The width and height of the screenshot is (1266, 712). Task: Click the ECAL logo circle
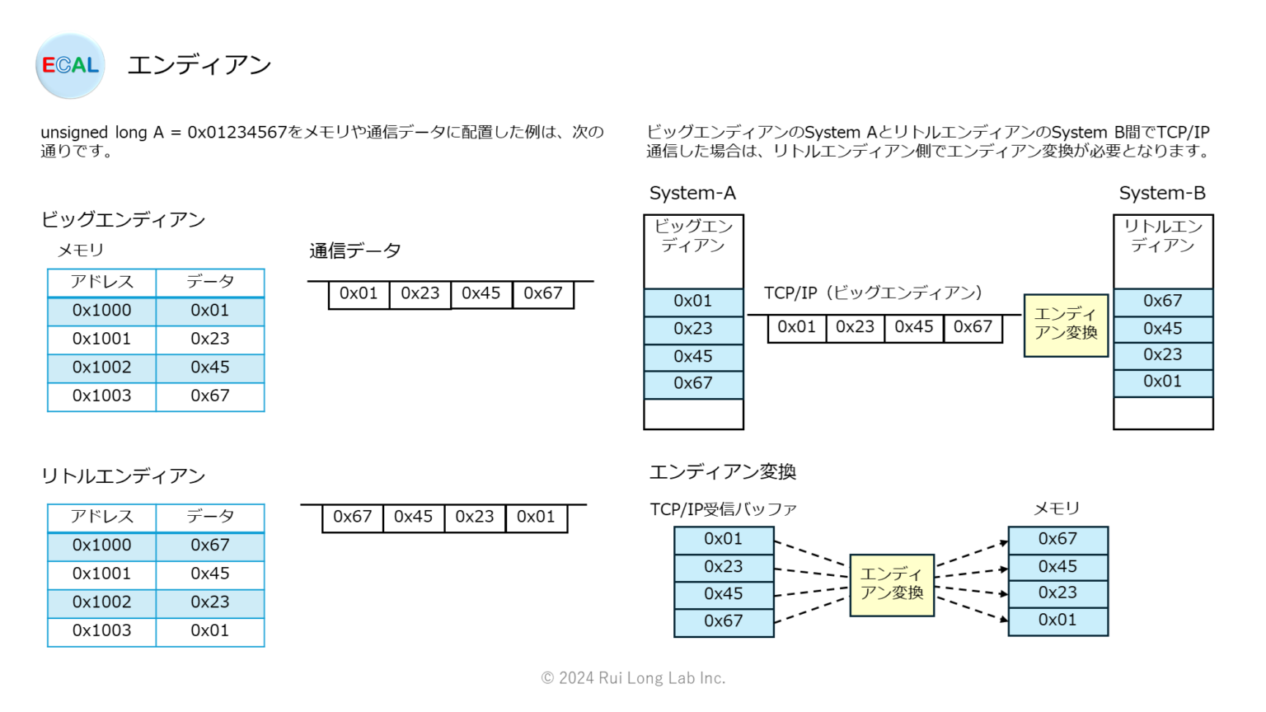pos(70,66)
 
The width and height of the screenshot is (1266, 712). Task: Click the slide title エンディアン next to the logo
pos(199,65)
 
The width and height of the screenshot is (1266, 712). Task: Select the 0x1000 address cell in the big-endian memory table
pos(101,311)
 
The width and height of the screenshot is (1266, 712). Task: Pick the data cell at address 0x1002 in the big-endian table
pos(210,368)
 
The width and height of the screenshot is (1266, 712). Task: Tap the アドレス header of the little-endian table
pos(101,517)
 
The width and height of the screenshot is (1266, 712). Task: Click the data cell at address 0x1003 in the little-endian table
pos(210,630)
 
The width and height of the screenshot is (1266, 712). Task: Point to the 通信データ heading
pos(355,251)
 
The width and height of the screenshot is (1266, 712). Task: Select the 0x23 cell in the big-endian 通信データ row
pos(420,293)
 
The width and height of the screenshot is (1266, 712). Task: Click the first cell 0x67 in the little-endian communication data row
pos(352,517)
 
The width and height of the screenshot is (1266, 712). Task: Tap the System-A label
pos(692,193)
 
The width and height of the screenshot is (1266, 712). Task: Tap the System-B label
pos(1162,193)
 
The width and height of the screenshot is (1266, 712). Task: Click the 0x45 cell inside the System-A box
pos(692,357)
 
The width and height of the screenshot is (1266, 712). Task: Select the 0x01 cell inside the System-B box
pos(1162,382)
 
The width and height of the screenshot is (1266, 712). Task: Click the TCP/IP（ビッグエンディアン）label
pos(873,293)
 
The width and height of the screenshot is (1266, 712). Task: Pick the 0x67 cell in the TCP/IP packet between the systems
pos(973,327)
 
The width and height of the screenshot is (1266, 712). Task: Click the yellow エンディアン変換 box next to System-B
pos(1066,325)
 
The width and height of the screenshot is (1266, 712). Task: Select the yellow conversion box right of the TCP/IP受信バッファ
pos(892,584)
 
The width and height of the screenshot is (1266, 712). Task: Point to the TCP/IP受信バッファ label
pos(723,509)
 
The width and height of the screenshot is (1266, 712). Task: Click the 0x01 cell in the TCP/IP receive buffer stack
pos(723,539)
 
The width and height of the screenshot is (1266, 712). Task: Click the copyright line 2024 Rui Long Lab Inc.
pos(633,678)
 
